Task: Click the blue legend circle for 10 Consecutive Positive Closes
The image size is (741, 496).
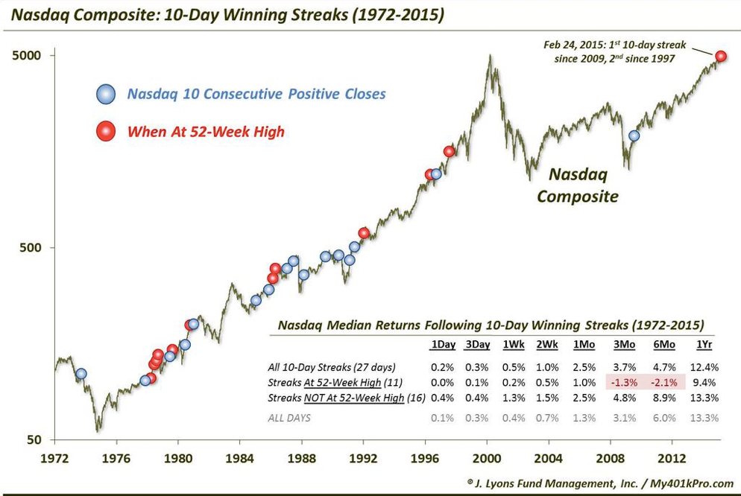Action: pyautogui.click(x=107, y=94)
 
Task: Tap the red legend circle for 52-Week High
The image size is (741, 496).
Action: pyautogui.click(x=107, y=132)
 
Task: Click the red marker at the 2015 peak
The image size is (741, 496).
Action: pyautogui.click(x=722, y=56)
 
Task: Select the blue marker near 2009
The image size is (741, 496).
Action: pyautogui.click(x=634, y=136)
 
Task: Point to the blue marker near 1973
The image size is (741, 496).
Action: pyautogui.click(x=81, y=374)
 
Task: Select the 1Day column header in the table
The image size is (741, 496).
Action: pyautogui.click(x=441, y=345)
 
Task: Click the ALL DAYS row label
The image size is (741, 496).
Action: pyautogui.click(x=289, y=418)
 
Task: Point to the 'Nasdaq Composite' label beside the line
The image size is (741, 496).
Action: pyautogui.click(x=578, y=185)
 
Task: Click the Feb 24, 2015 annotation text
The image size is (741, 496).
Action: pyautogui.click(x=608, y=51)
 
